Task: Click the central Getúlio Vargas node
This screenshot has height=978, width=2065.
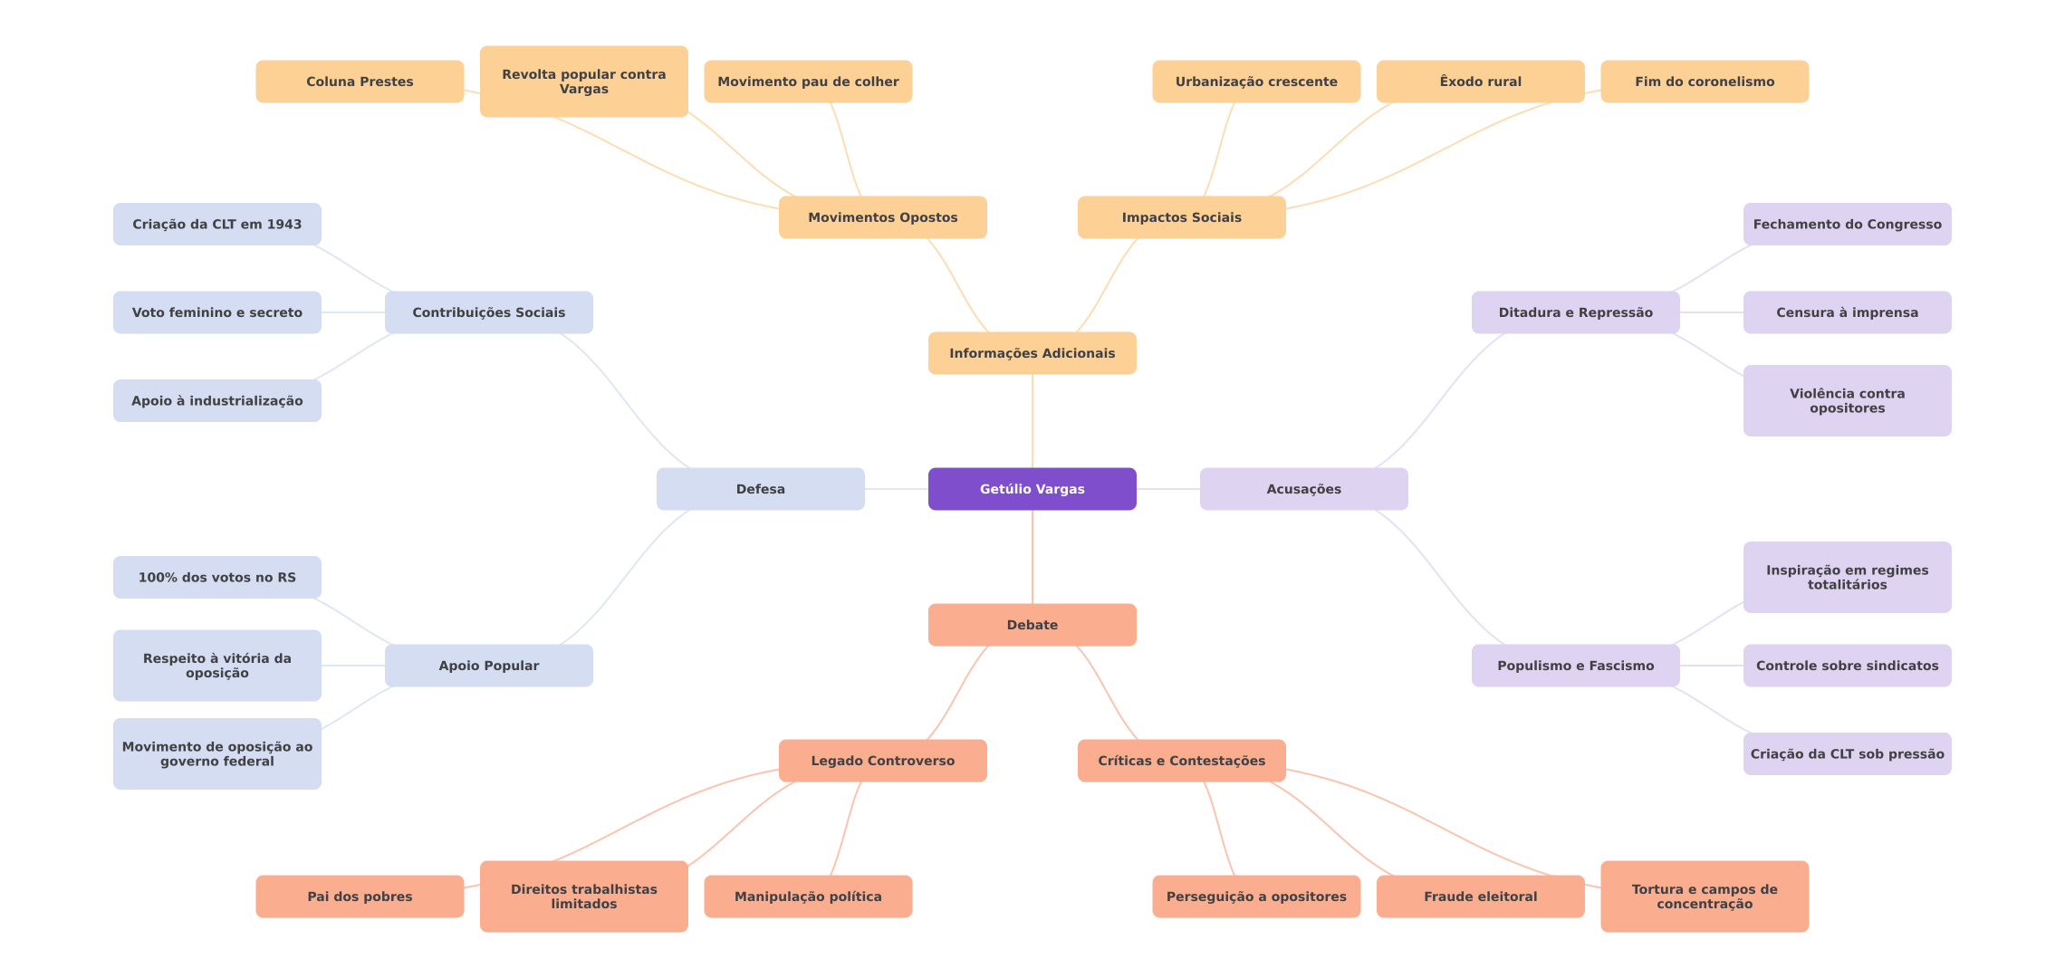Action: click(1032, 489)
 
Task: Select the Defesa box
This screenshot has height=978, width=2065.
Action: click(761, 489)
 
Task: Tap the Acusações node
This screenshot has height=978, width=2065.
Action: click(1304, 489)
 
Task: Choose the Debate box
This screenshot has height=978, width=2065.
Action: click(1032, 625)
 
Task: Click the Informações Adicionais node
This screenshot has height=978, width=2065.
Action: click(1032, 353)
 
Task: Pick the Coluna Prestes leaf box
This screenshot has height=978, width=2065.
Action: click(360, 81)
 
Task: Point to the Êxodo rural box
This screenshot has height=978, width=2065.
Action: click(1481, 81)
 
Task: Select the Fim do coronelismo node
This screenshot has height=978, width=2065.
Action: click(1705, 81)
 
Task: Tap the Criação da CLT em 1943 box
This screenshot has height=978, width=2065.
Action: click(217, 224)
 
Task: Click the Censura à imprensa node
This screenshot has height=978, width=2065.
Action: click(1848, 312)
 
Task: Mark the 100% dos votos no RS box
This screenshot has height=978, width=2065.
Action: click(217, 577)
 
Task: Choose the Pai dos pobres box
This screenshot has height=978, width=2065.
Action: click(360, 896)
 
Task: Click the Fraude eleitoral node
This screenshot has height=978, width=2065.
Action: click(1481, 896)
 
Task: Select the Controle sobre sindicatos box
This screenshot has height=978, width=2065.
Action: click(1848, 666)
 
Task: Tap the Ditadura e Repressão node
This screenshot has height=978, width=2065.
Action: click(1576, 312)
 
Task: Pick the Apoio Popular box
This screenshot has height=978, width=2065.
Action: click(489, 666)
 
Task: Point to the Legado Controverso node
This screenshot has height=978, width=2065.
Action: click(883, 761)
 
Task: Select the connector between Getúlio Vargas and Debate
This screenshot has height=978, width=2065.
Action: click(1032, 557)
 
